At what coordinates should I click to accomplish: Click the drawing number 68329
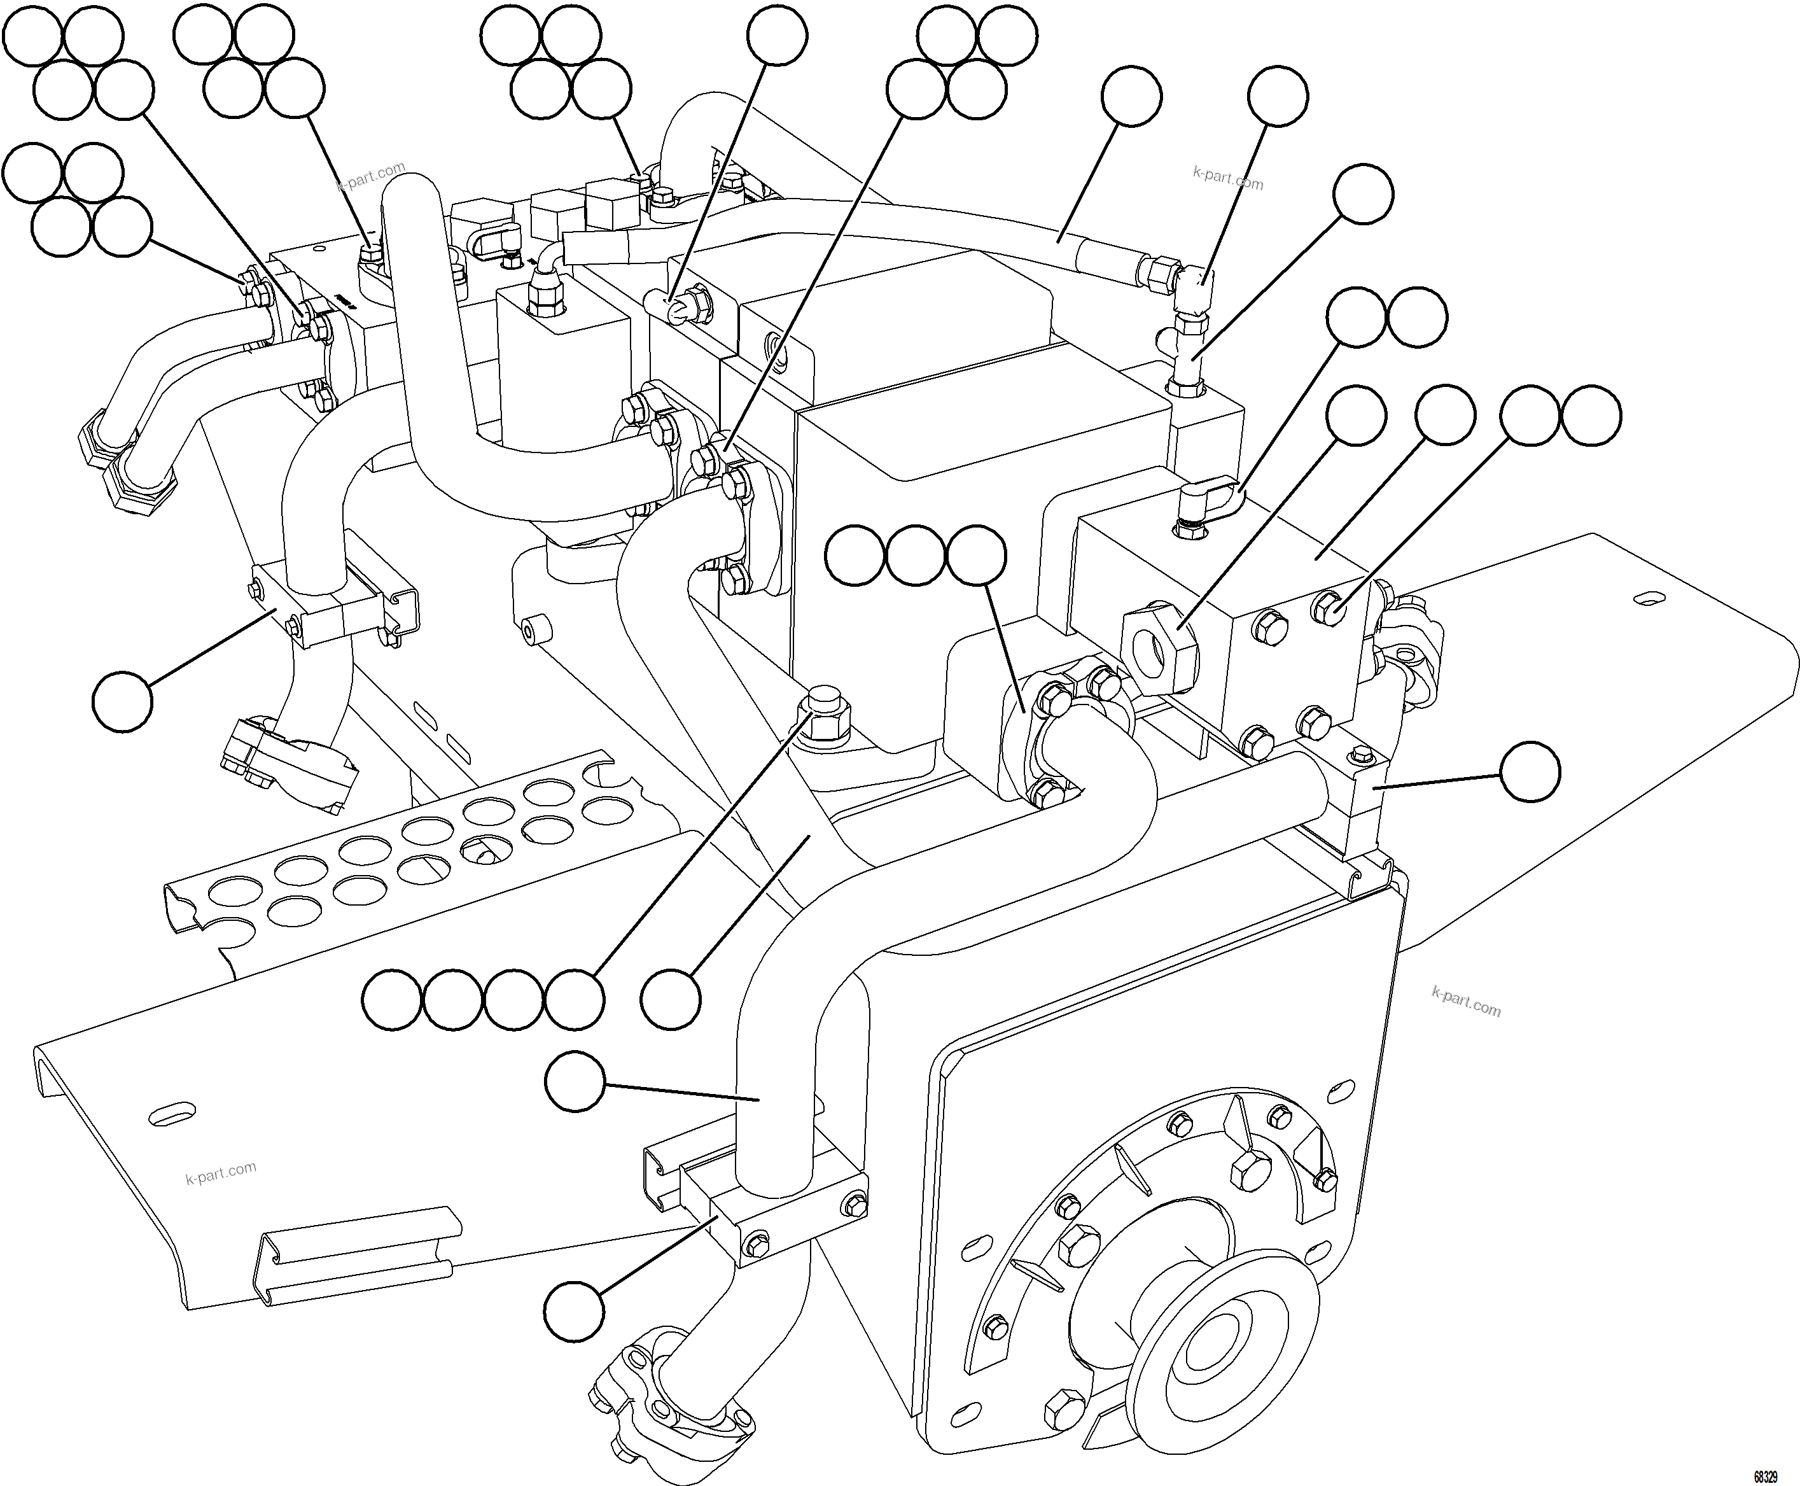(1765, 1476)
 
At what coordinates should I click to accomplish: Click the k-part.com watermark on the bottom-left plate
(220, 1173)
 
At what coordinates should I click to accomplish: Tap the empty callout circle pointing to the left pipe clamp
(122, 701)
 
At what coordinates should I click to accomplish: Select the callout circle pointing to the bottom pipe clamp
(575, 1310)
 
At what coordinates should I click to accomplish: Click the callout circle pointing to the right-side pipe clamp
(1530, 772)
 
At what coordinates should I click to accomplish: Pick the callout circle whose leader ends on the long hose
(1131, 97)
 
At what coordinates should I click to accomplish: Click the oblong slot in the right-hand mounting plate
(1648, 596)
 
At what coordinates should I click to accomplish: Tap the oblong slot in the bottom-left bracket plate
(171, 1113)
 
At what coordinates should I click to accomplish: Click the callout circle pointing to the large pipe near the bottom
(575, 1081)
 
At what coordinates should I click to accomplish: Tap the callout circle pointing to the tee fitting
(1364, 194)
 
